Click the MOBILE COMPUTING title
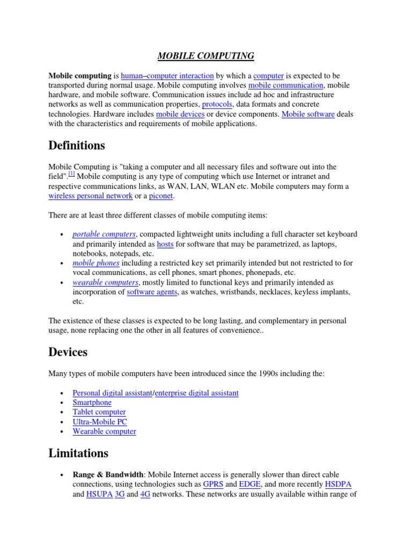pos(205,56)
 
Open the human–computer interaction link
pos(167,76)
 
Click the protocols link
pos(217,104)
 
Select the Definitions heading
pos(77,146)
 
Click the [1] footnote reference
pos(71,175)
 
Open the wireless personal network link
pos(90,196)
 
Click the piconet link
pos(161,196)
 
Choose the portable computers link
pos(104,234)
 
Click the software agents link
pos(152,292)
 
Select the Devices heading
pos(68,352)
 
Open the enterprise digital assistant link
pos(197,393)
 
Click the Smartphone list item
pos(92,402)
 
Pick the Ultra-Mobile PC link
pos(100,422)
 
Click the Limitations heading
pos(78,453)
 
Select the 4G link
pos(145,494)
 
